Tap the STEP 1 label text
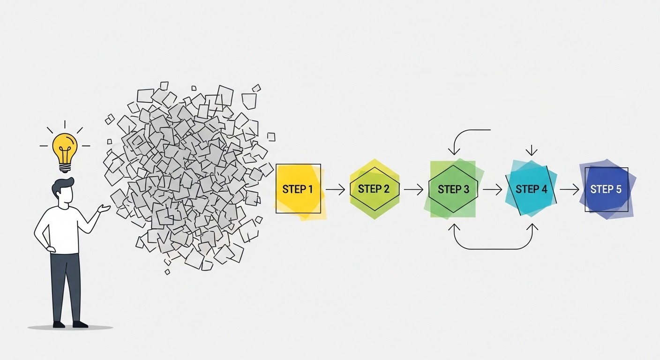point(298,189)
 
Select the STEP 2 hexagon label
point(374,189)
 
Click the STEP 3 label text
point(453,189)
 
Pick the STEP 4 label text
point(531,189)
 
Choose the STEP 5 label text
point(606,189)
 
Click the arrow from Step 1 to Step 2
point(335,189)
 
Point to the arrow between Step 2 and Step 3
point(414,189)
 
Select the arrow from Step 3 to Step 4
point(492,189)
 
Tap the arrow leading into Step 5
point(569,189)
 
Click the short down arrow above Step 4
point(532,150)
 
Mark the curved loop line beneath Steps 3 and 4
point(493,249)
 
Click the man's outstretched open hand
point(104,209)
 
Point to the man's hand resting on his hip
point(50,249)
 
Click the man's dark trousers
point(66,287)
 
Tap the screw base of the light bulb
point(65,168)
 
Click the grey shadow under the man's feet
point(70,327)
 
